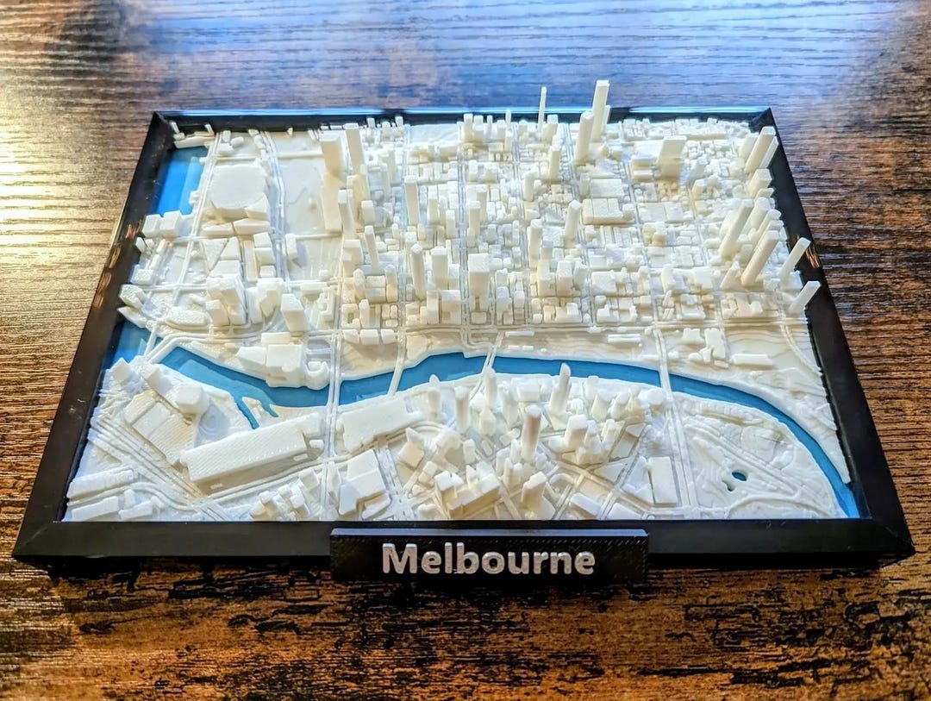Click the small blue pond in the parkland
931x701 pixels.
(739, 475)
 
